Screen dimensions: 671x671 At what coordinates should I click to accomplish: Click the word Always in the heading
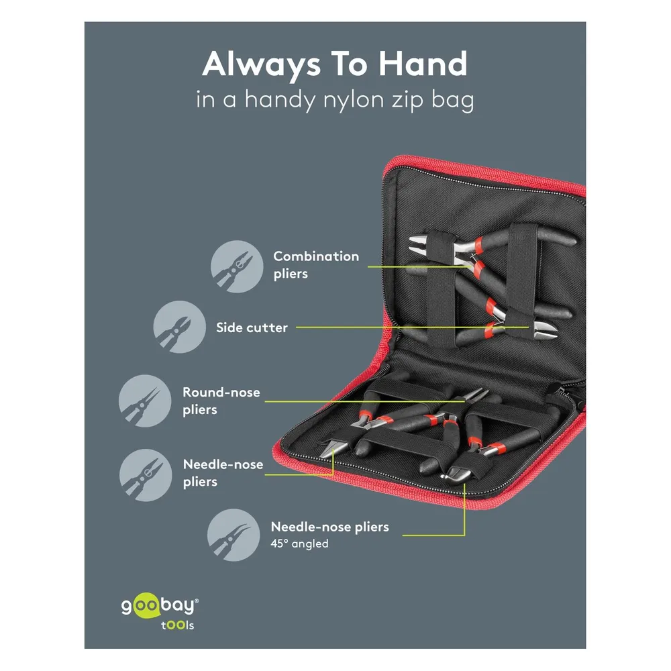pos(262,64)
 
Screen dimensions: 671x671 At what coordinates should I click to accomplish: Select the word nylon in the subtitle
pos(354,101)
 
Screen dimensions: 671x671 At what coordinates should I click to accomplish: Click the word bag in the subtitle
pos(452,101)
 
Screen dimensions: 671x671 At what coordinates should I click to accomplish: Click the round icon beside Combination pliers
pos(237,266)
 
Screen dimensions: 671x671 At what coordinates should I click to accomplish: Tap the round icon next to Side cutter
pos(179,327)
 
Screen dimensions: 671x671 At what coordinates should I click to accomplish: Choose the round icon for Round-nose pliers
pos(145,401)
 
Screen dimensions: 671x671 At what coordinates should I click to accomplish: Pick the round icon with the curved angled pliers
pos(234,535)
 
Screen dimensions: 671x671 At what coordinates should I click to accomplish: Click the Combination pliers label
pos(316,265)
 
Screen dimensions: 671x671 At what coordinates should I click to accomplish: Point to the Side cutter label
pos(252,328)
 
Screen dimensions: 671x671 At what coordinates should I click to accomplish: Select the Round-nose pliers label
pos(221,401)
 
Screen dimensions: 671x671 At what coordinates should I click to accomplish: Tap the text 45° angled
pos(299,544)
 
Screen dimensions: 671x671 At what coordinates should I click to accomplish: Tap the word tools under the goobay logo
pos(178,625)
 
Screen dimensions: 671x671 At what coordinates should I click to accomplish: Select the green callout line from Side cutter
pos(413,327)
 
